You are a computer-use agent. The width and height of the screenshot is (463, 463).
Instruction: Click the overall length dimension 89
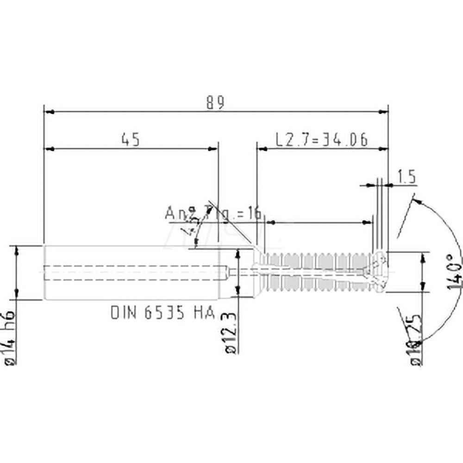[215, 103]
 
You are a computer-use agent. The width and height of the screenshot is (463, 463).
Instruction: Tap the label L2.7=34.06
[321, 139]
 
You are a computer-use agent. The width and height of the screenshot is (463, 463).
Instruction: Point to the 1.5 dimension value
[407, 177]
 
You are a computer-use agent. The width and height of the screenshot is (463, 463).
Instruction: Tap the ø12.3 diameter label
[231, 332]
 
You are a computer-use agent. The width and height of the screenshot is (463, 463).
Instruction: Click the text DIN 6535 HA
[163, 313]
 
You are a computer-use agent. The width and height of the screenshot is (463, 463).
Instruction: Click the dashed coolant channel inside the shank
[134, 272]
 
